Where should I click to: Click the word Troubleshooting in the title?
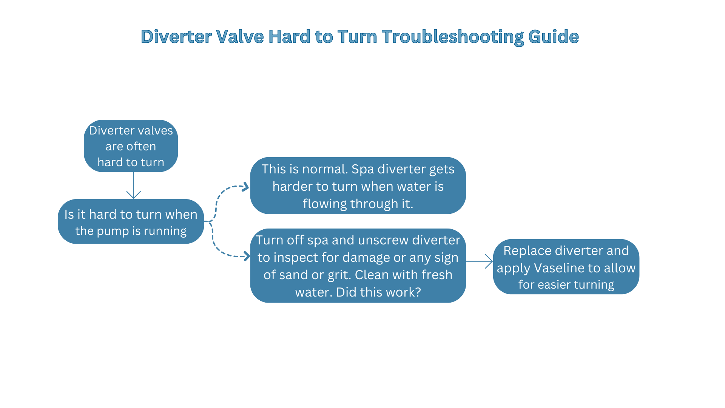click(x=452, y=37)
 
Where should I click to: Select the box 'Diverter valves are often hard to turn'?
click(x=131, y=146)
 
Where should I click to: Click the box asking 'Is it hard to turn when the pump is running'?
click(x=131, y=222)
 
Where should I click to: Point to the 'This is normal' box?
click(x=358, y=186)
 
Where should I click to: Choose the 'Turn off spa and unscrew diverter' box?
click(x=358, y=266)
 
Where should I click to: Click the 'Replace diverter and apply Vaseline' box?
click(x=566, y=267)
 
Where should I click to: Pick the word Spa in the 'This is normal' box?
click(x=363, y=169)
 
